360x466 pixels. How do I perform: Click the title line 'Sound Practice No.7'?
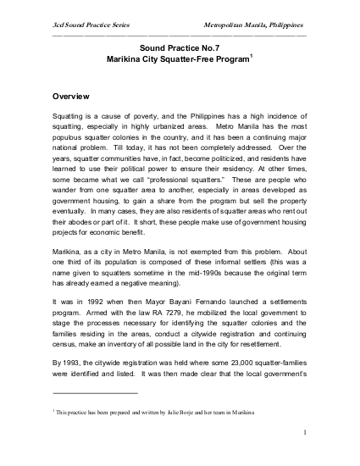pos(180,50)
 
